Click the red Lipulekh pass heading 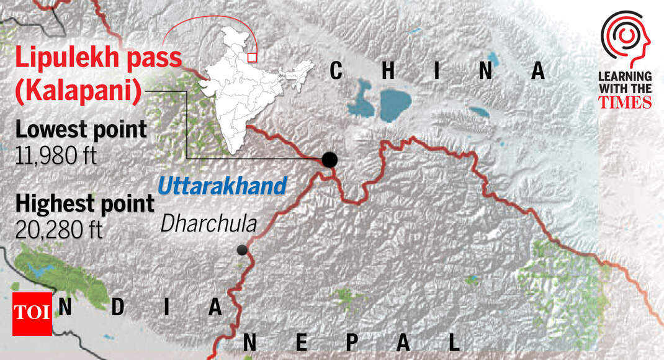click(x=98, y=58)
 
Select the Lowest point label click(x=81, y=130)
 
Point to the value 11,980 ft click(x=56, y=155)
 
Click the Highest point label click(x=84, y=204)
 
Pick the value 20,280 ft click(x=60, y=230)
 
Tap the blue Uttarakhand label click(x=222, y=186)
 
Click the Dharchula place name click(x=209, y=223)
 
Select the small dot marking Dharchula click(x=242, y=250)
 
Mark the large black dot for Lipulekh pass click(x=330, y=160)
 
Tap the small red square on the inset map click(x=252, y=58)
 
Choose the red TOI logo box click(x=32, y=313)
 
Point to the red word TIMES click(x=625, y=102)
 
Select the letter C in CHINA click(x=336, y=71)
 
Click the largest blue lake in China click(x=395, y=105)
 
